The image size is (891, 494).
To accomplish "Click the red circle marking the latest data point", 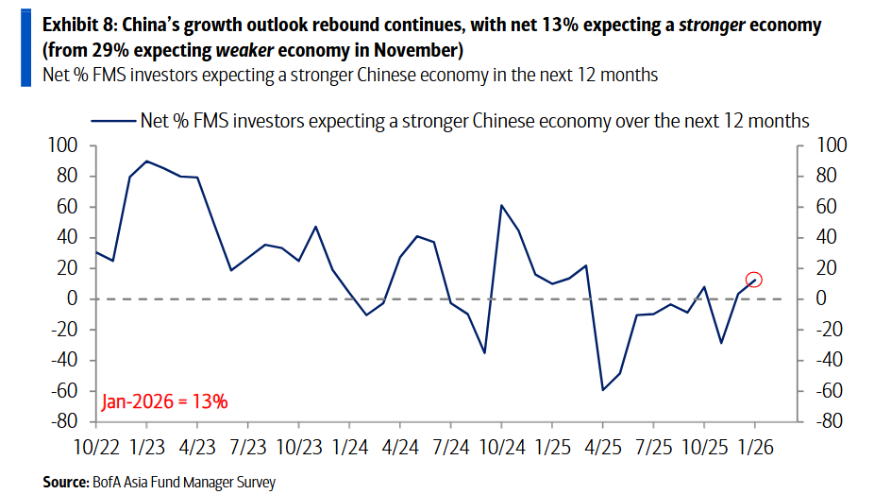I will (x=753, y=279).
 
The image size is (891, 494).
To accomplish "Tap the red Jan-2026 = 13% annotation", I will (x=165, y=400).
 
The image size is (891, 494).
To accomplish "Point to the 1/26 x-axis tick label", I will (x=755, y=446).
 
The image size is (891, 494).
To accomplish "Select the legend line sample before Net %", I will (x=111, y=121).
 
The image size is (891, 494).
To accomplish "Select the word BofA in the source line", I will (x=106, y=482).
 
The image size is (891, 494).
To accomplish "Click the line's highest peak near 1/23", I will (x=146, y=162).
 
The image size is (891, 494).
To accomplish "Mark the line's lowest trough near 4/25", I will (x=602, y=390).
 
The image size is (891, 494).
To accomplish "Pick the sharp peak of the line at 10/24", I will (x=501, y=205).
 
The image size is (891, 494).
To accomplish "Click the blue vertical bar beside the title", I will (x=25, y=43).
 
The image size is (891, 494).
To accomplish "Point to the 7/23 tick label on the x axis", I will (x=247, y=446).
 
